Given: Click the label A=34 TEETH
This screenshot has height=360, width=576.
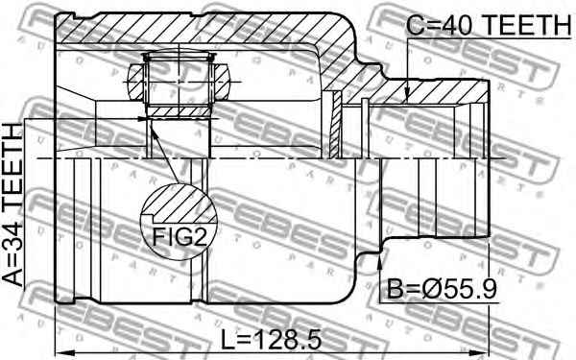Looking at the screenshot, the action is (12, 204).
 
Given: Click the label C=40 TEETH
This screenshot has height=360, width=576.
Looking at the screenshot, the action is (489, 25).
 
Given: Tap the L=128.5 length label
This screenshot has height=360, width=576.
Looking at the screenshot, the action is (271, 339).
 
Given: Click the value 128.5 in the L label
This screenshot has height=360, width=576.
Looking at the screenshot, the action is (287, 339).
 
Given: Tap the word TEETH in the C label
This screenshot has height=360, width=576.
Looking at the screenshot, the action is (526, 25).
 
